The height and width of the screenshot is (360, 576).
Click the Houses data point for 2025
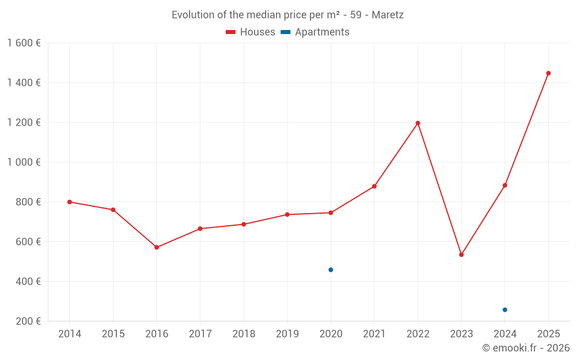pyautogui.click(x=548, y=73)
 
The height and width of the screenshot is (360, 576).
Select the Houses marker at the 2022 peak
pyautogui.click(x=418, y=123)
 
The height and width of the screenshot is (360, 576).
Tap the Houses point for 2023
pyautogui.click(x=461, y=255)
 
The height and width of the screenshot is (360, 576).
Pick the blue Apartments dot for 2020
pyautogui.click(x=331, y=270)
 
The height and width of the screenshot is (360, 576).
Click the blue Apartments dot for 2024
pyautogui.click(x=505, y=310)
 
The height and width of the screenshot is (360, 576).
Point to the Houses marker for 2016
pyautogui.click(x=157, y=247)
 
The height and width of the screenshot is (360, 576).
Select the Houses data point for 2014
pyautogui.click(x=70, y=202)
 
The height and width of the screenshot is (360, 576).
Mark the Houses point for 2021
pyautogui.click(x=374, y=186)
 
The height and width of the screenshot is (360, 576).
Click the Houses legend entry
pyautogui.click(x=251, y=32)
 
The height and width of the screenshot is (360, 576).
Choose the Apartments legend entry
pyautogui.click(x=315, y=32)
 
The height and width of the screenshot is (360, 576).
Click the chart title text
pyautogui.click(x=287, y=15)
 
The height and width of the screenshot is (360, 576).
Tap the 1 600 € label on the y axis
pyautogui.click(x=24, y=43)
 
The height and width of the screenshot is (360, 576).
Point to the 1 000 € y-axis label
pyautogui.click(x=24, y=162)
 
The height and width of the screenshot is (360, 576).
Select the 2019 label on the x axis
pyautogui.click(x=287, y=334)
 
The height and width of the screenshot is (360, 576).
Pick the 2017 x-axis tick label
pyautogui.click(x=200, y=334)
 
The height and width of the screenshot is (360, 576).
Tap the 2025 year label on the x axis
pyautogui.click(x=548, y=334)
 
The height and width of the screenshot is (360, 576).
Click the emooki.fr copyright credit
pyautogui.click(x=526, y=348)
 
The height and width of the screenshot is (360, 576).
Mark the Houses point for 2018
pyautogui.click(x=244, y=224)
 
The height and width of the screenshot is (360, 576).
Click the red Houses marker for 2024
pyautogui.click(x=505, y=185)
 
